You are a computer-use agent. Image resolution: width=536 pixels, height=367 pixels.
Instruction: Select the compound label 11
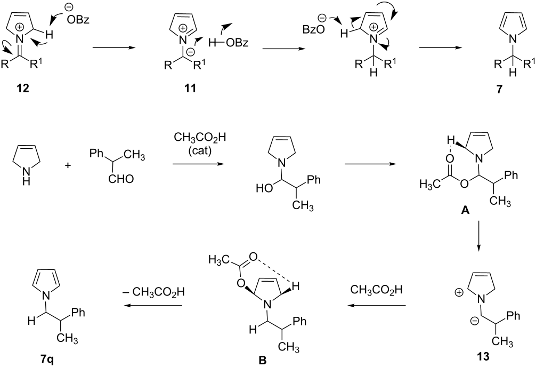[190, 88]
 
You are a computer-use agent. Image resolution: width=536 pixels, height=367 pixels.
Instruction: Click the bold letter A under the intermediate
[465, 211]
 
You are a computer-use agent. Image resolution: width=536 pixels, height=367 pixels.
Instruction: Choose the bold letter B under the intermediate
[263, 360]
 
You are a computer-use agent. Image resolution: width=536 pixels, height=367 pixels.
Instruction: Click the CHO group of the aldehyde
[121, 178]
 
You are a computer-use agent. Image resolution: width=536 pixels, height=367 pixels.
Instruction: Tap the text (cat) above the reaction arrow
[200, 151]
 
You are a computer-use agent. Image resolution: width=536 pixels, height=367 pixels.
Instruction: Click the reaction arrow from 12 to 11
[113, 48]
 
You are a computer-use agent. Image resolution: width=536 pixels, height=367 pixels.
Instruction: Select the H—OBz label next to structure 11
[228, 43]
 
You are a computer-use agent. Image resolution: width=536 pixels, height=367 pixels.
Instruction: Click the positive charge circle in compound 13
[459, 293]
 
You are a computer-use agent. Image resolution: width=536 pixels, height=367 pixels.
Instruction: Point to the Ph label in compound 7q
[78, 312]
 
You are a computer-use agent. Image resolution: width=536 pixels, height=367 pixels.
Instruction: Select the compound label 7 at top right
[500, 89]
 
